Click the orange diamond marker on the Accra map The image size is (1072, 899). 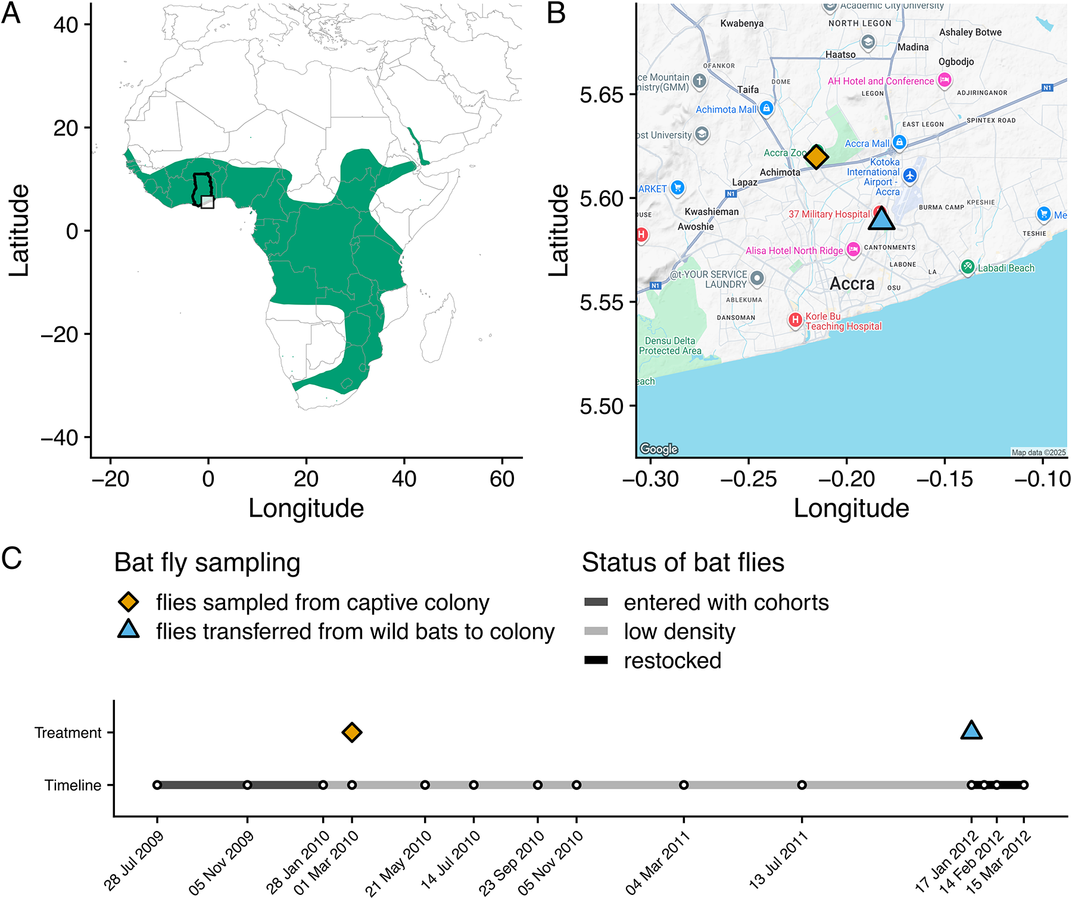click(816, 157)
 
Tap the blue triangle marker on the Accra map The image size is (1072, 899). click(881, 219)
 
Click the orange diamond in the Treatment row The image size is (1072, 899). click(352, 732)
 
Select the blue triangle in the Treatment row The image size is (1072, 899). click(971, 730)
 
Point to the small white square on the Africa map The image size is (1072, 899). click(207, 202)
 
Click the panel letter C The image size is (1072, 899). click(12, 559)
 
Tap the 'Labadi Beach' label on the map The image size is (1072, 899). click(1006, 268)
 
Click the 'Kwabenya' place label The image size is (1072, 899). click(741, 24)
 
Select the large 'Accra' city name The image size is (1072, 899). click(852, 284)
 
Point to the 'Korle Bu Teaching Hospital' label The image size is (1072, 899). click(843, 321)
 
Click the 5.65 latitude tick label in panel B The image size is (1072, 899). click(601, 95)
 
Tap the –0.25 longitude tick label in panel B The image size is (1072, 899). click(749, 479)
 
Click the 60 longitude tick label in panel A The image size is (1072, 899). click(502, 479)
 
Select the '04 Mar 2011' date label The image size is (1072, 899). click(658, 862)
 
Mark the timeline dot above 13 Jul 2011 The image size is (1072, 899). click(802, 785)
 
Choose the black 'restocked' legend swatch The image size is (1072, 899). click(596, 660)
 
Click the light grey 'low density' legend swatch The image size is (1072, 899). click(596, 631)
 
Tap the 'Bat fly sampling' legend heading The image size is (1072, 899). click(207, 563)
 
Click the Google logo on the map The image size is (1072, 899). click(659, 449)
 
